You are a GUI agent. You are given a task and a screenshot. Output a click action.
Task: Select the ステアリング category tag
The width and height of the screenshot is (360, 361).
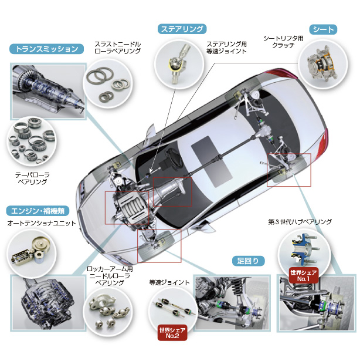coord(182,29)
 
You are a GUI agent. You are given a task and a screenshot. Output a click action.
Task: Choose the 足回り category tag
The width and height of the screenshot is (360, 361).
coord(247,261)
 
